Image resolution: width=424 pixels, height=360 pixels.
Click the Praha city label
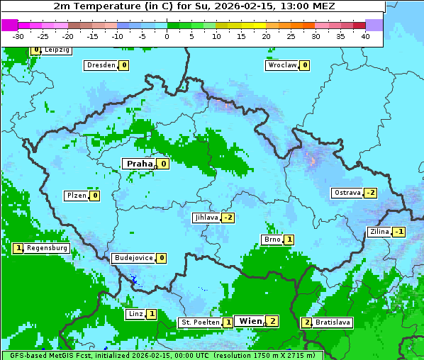(139, 164)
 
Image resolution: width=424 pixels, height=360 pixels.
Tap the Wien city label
(250, 321)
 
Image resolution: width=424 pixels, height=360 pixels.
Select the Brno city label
(272, 240)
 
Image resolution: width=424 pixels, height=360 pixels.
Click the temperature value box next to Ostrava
(370, 193)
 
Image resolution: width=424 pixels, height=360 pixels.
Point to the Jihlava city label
(206, 218)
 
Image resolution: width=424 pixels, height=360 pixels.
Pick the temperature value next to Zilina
(399, 232)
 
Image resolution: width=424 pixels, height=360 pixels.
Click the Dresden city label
(101, 65)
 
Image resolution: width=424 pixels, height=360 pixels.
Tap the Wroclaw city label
(281, 65)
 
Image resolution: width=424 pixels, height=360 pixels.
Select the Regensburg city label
(48, 248)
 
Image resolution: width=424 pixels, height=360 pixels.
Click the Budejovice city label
(133, 258)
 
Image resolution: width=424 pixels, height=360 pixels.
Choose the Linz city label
(135, 314)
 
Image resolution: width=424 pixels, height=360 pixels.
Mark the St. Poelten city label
(200, 322)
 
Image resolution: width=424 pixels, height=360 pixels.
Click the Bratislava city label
(333, 322)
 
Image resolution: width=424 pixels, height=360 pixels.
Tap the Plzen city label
(76, 196)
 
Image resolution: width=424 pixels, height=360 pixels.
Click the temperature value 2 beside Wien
(272, 321)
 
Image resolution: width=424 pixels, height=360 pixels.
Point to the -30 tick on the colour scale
(18, 35)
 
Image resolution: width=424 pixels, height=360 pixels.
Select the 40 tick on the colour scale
(365, 35)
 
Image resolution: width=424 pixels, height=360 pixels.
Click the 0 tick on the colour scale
(167, 35)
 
